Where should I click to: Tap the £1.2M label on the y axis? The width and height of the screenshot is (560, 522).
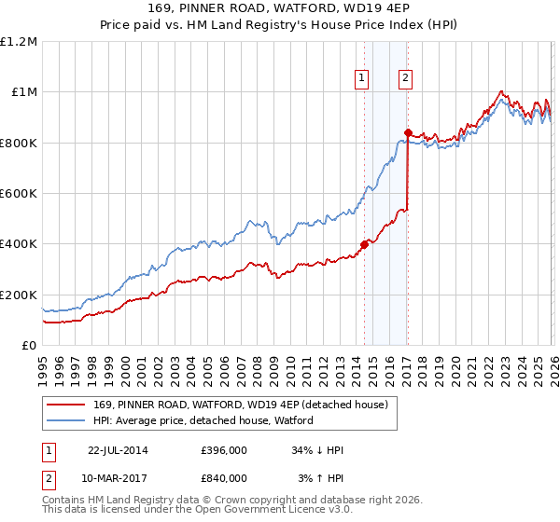click(19, 42)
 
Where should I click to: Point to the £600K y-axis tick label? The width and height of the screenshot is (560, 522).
click(19, 194)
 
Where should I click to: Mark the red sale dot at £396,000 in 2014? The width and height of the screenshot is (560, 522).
click(364, 245)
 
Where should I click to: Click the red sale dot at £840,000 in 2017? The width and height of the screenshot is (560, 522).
click(408, 132)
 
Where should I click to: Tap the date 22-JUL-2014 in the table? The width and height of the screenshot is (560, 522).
click(118, 450)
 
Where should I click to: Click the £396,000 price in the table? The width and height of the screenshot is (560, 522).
click(224, 450)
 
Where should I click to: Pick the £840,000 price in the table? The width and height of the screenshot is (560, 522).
click(224, 478)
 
